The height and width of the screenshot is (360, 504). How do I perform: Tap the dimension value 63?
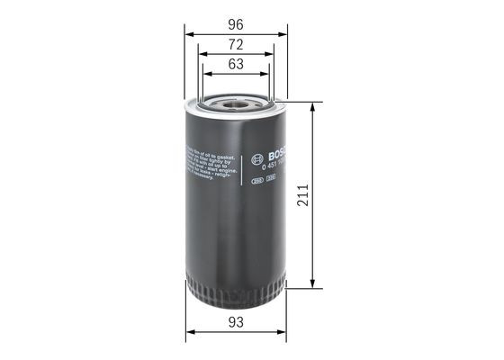coord(236,64)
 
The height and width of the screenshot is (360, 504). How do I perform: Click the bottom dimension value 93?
coord(236,321)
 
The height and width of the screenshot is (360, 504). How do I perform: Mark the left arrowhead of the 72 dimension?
coord(201,54)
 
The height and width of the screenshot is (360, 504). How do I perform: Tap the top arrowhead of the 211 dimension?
coord(312,106)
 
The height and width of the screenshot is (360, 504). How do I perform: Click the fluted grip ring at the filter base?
coord(235,293)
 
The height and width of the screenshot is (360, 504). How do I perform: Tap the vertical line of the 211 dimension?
coord(312,225)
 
